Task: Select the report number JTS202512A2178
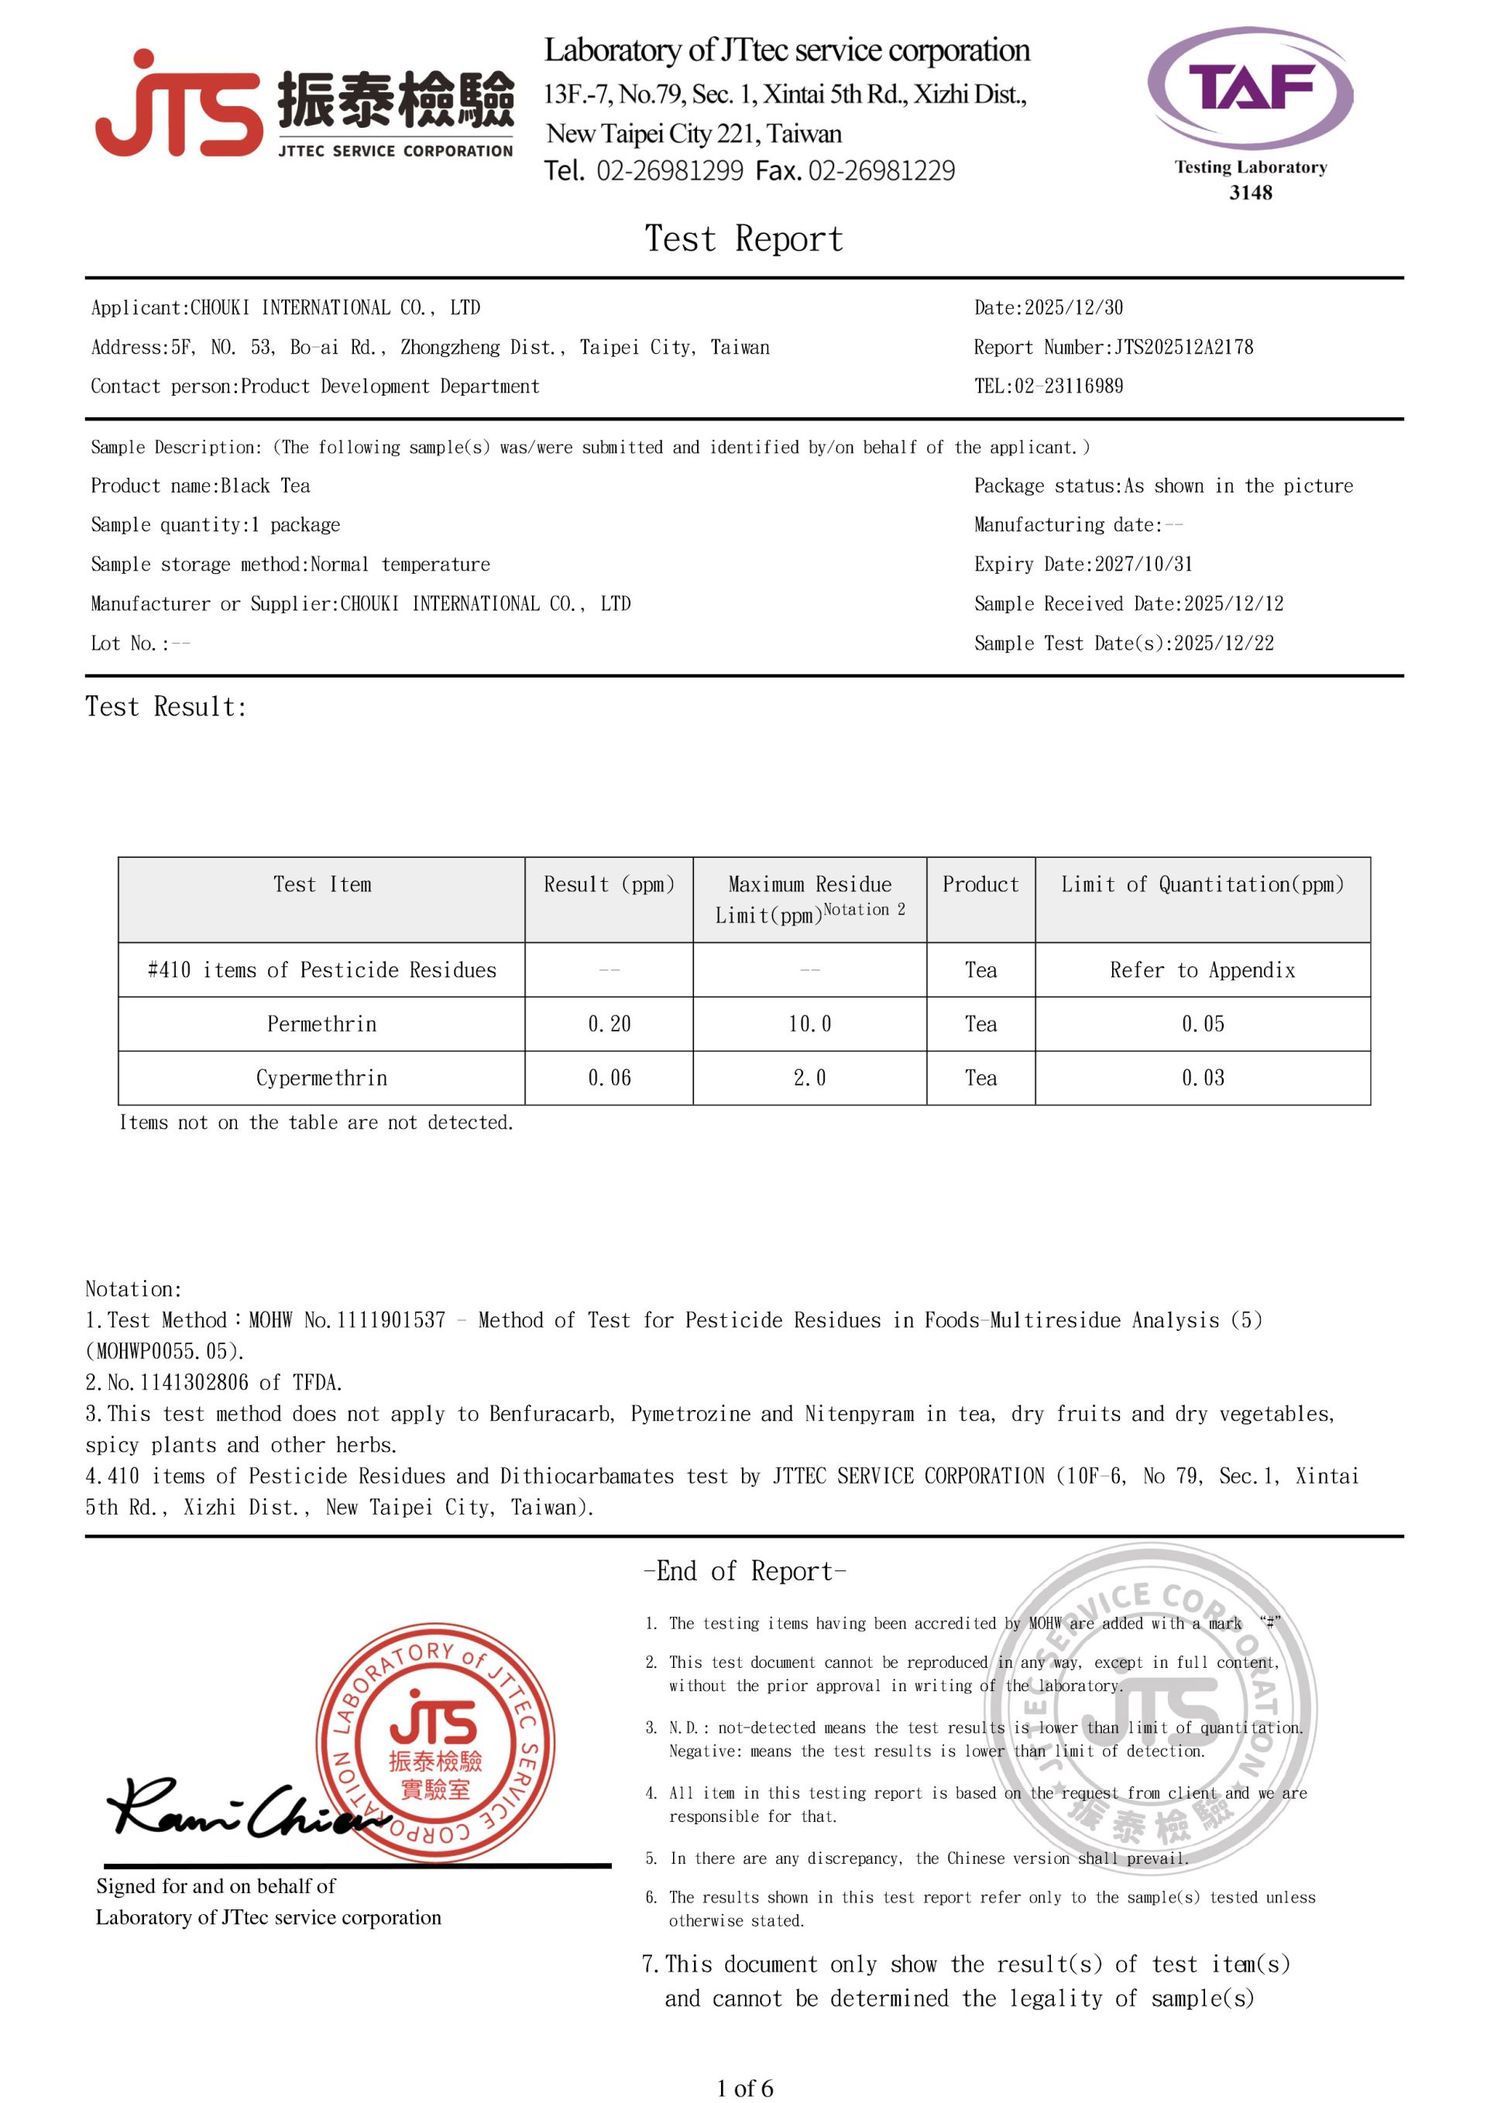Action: [1183, 347]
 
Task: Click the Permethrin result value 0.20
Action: [610, 1024]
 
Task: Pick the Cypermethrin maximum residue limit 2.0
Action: [809, 1078]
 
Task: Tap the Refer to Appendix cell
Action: [1202, 970]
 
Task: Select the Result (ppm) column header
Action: [610, 885]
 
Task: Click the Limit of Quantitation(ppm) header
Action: [1202, 885]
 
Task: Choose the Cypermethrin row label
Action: [321, 1078]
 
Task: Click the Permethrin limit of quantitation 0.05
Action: [1202, 1024]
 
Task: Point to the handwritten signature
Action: [242, 1809]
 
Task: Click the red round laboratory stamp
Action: [435, 1744]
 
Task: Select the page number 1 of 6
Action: [744, 2088]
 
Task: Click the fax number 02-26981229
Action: [881, 171]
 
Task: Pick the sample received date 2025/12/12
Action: [1233, 604]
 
